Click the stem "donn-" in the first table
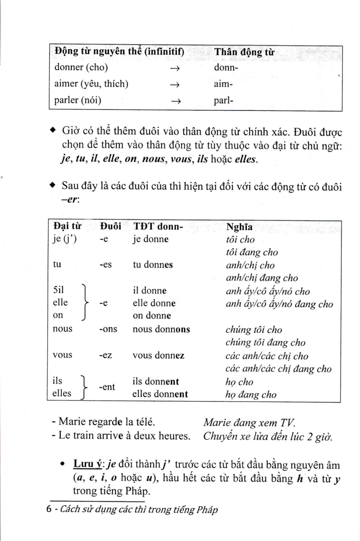(226, 68)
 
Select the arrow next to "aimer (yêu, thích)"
(175, 85)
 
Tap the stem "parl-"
(223, 101)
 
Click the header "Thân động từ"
(245, 52)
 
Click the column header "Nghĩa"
(239, 227)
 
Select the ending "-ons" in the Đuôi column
(108, 329)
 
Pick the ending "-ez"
(105, 355)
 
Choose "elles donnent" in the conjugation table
(160, 394)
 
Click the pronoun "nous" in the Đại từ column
(63, 329)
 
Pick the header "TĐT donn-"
(158, 227)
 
